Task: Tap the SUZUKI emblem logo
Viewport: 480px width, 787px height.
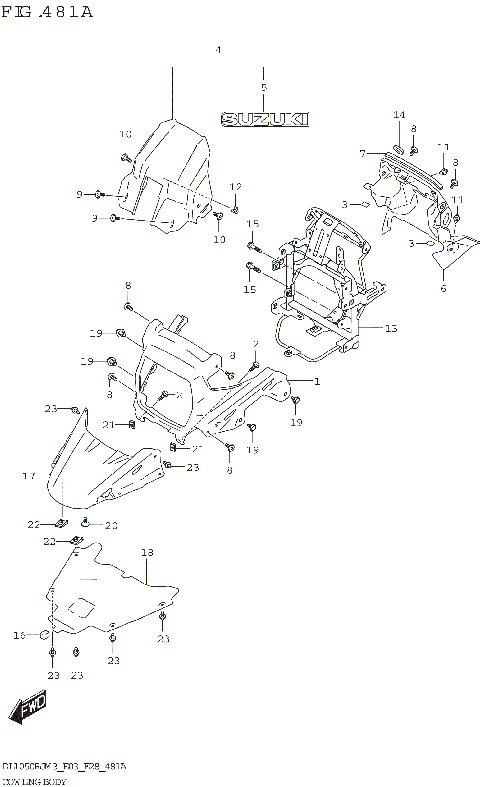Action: coord(264,119)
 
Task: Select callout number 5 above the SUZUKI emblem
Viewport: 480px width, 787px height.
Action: coord(263,88)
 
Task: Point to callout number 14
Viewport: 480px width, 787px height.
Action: coord(398,115)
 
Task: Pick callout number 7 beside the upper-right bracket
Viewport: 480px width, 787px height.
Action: coord(363,153)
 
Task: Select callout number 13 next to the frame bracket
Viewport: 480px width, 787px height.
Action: coord(390,327)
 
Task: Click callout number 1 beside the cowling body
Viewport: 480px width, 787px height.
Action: coord(316,381)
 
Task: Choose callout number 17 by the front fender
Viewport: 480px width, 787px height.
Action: coord(29,476)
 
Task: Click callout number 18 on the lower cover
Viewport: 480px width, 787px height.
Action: coord(147,552)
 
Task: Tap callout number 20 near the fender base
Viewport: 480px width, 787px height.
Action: coord(111,525)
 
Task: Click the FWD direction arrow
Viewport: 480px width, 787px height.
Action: coord(27,709)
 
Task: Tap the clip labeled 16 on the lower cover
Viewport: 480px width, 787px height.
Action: coord(45,633)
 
